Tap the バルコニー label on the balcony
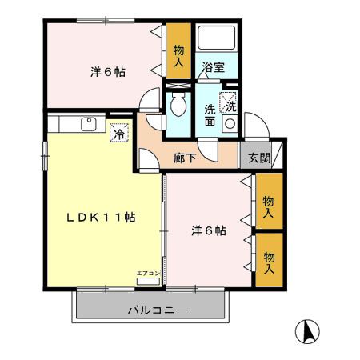157,310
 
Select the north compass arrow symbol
307,330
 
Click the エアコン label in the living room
149,274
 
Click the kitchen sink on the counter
88,123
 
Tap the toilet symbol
178,106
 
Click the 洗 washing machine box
230,104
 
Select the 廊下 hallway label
185,158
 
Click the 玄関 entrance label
258,158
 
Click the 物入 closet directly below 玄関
269,206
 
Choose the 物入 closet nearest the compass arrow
269,261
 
